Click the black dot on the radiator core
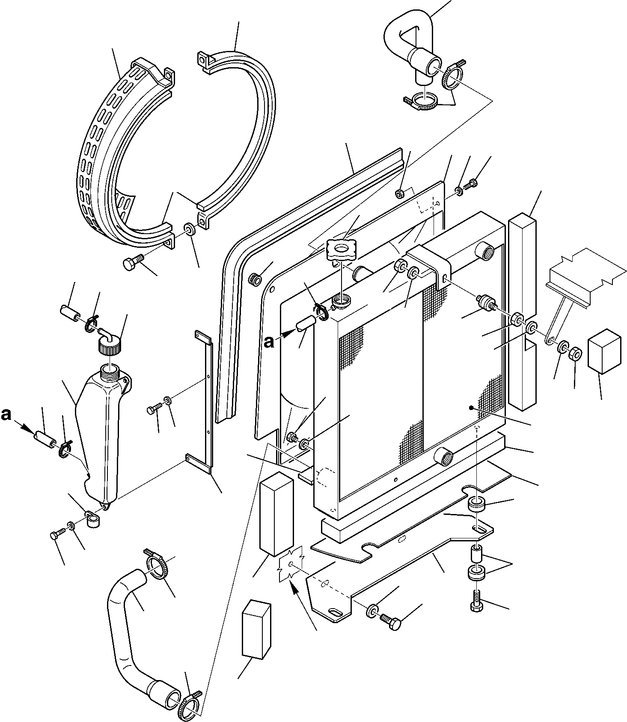(x=471, y=408)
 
